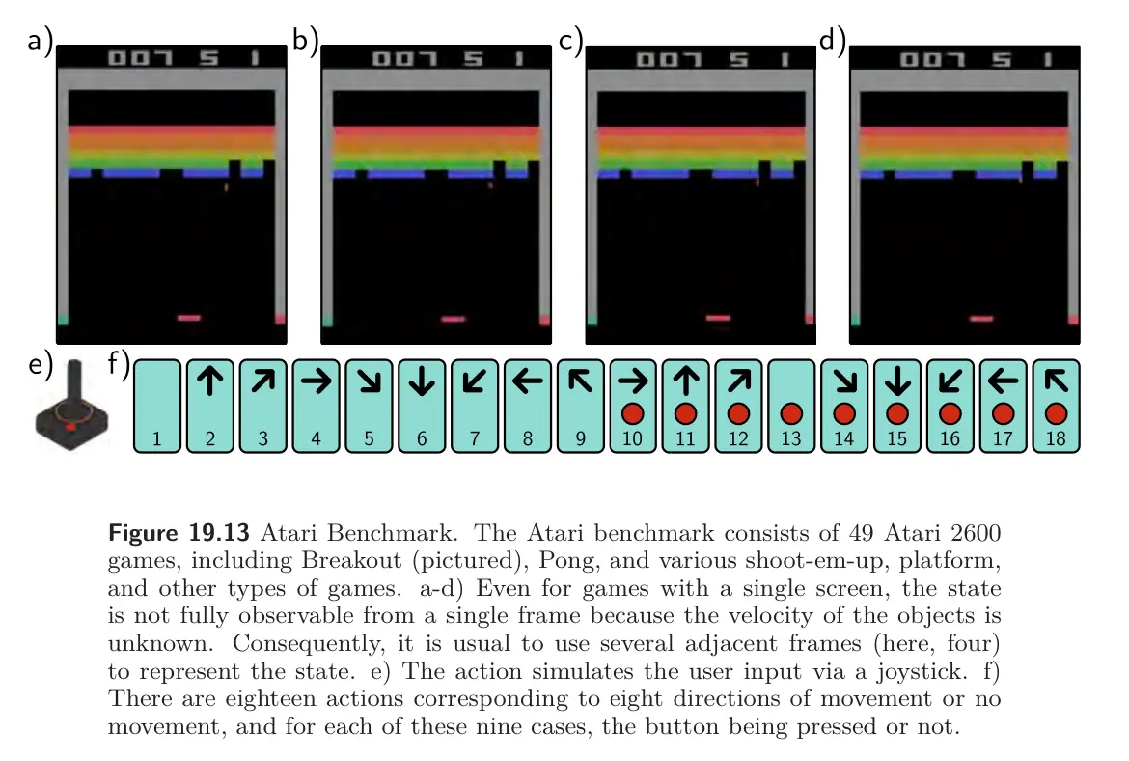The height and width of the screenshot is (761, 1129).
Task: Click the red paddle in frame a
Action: tap(188, 317)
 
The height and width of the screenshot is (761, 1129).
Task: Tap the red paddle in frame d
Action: tap(981, 318)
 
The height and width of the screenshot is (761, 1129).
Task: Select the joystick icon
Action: tap(72, 407)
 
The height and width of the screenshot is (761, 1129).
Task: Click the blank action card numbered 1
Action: tap(157, 407)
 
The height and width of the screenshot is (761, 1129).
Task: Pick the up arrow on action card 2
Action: tap(210, 380)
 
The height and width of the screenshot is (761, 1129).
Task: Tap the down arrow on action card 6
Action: tap(422, 380)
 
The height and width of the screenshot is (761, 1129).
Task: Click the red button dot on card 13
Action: tap(791, 413)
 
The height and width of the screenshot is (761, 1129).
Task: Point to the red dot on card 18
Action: tap(1057, 413)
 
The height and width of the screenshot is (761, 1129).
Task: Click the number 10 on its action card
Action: tap(632, 438)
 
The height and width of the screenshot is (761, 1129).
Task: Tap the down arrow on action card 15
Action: tap(897, 380)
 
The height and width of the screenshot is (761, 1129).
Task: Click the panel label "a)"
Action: tap(41, 41)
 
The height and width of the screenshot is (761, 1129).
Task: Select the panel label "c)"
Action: tap(571, 41)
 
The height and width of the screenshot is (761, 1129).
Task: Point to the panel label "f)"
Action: tap(119, 364)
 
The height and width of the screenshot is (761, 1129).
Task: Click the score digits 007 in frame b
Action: tap(404, 58)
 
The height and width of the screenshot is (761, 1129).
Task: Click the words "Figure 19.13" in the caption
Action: tap(179, 533)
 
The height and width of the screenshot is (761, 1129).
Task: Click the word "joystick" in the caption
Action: tap(922, 671)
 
